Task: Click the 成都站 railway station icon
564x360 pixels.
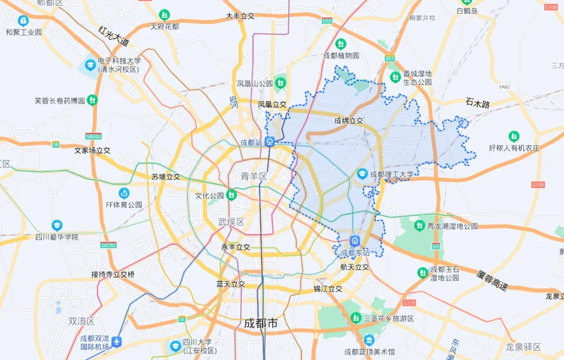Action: tap(269, 141)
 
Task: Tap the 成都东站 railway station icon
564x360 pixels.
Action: tap(355, 241)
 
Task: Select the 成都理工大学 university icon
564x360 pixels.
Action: tap(362, 174)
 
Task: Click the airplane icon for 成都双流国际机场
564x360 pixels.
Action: tap(116, 342)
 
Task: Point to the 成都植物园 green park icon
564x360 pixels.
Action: tap(341, 44)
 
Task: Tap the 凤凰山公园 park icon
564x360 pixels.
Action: tap(281, 83)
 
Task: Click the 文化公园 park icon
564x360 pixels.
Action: tap(231, 195)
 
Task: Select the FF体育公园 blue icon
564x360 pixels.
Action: tap(124, 193)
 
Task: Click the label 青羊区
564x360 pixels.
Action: tap(254, 177)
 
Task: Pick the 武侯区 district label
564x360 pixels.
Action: tap(231, 222)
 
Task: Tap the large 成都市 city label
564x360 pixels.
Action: tap(261, 323)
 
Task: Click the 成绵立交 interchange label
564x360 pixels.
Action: tap(349, 121)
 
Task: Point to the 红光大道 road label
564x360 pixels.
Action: tap(113, 36)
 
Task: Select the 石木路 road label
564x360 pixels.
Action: tap(478, 103)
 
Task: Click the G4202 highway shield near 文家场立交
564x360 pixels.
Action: tap(93, 136)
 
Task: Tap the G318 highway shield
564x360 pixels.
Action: tap(409, 303)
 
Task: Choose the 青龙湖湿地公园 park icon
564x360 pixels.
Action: tap(419, 226)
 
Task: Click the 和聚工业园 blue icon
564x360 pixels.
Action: tap(23, 20)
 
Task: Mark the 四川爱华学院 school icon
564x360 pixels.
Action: tap(57, 226)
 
